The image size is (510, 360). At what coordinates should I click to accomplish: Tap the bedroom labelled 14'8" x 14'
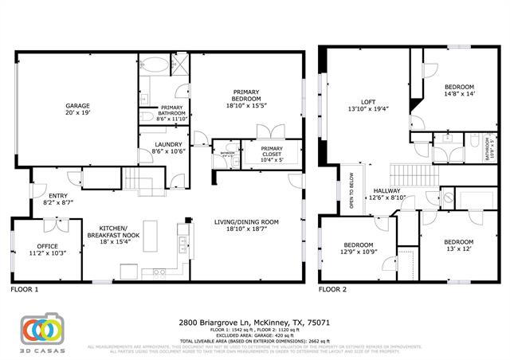[x=458, y=90]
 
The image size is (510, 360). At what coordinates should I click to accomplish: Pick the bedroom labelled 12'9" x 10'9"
[x=358, y=248]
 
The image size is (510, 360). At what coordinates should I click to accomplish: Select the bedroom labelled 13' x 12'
[x=458, y=245]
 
